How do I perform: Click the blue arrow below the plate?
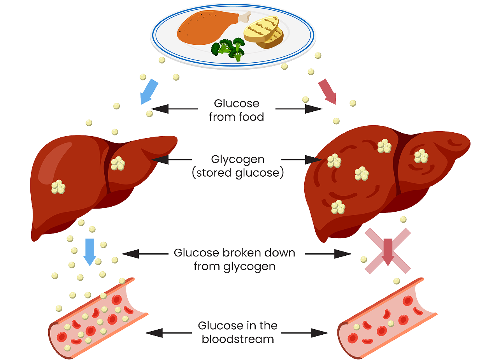point(149,91)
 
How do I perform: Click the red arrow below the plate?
point(327,91)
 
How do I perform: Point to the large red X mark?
point(387,251)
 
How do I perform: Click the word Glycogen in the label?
point(237,160)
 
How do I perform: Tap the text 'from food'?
point(237,117)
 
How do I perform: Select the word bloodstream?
point(237,339)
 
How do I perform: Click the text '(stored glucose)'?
point(237,173)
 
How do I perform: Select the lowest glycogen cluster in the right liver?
point(338,207)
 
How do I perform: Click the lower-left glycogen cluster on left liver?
point(58,187)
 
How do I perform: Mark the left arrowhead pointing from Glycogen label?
point(158,160)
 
